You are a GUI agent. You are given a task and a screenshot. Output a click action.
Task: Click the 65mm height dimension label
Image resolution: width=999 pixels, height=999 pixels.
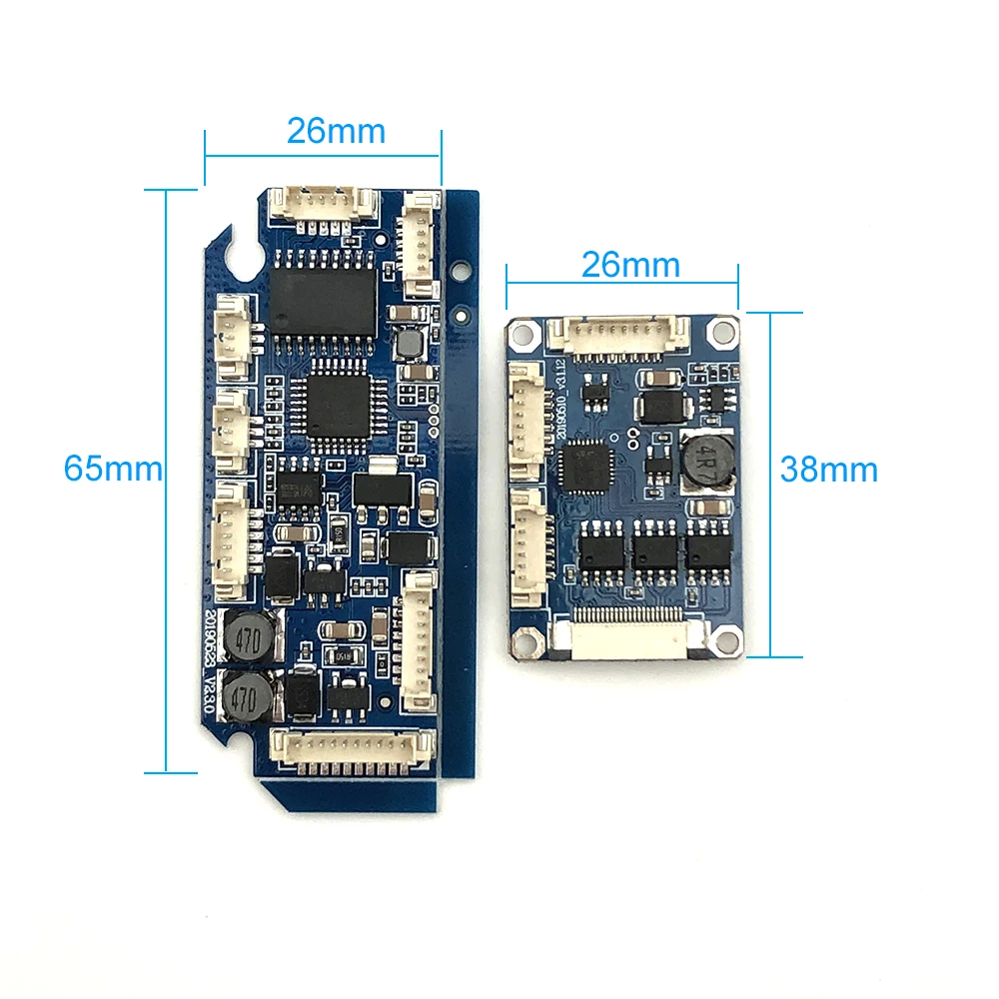coord(112,468)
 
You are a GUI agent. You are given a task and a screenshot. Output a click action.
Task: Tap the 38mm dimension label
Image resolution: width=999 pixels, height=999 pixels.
coord(829,470)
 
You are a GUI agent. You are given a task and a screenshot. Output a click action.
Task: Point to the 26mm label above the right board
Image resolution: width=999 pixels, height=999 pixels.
coord(629,265)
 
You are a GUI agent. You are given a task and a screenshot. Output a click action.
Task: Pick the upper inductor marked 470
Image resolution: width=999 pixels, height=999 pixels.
coord(246,635)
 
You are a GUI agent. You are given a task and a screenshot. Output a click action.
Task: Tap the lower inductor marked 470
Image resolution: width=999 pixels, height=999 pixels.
coord(246,697)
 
